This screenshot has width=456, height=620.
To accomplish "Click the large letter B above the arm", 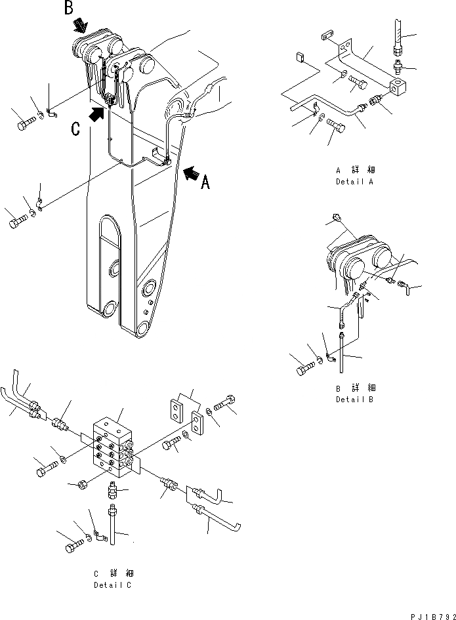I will [x=69, y=9].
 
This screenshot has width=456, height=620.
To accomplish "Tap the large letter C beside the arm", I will [x=77, y=129].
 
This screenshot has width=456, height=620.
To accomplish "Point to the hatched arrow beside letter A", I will [x=191, y=173].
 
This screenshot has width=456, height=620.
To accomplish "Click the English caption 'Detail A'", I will [x=354, y=181].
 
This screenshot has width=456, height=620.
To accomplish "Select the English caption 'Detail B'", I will [x=354, y=399].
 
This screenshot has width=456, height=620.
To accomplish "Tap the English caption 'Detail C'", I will [x=112, y=585].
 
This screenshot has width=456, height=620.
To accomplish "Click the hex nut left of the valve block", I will [x=84, y=486].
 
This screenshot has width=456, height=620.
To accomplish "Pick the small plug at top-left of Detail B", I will [x=337, y=217].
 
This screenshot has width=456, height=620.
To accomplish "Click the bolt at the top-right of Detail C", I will [x=226, y=402].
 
